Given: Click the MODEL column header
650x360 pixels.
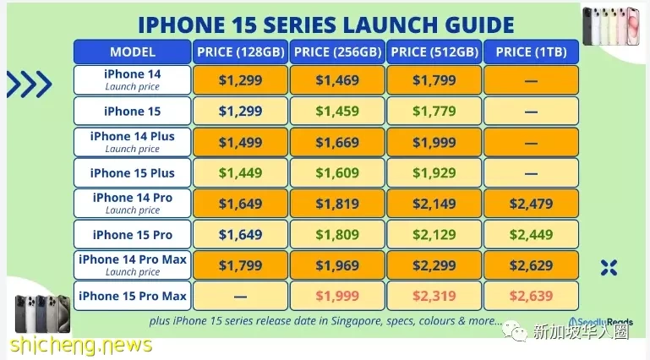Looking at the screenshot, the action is pyautogui.click(x=132, y=52).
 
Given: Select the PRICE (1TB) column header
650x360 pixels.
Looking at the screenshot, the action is pyautogui.click(x=531, y=52).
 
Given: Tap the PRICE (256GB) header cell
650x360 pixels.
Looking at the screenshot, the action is pyautogui.click(x=337, y=52).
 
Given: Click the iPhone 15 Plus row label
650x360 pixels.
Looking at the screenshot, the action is pyautogui.click(x=132, y=172).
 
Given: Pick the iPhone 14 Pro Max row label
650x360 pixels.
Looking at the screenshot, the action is pyautogui.click(x=132, y=265).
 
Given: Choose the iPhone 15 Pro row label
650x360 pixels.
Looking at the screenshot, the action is pyautogui.click(x=132, y=234).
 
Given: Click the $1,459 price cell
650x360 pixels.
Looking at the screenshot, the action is pyautogui.click(x=337, y=111).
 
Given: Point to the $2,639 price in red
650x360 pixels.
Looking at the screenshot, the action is pyautogui.click(x=531, y=296).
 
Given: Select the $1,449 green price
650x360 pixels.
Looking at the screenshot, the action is pyautogui.click(x=240, y=172).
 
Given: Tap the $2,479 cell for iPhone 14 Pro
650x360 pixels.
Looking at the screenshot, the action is pyautogui.click(x=531, y=204).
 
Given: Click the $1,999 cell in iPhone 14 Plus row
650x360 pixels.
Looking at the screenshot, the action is pyautogui.click(x=434, y=142).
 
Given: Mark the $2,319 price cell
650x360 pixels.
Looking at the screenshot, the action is pyautogui.click(x=434, y=296).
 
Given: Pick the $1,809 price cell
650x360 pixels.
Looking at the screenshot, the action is pyautogui.click(x=337, y=234).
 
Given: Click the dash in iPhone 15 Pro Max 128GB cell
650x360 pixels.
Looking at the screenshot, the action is pyautogui.click(x=240, y=297).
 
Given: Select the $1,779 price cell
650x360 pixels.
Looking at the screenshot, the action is pyautogui.click(x=434, y=111).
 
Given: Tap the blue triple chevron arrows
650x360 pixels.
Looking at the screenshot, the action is pyautogui.click(x=30, y=85).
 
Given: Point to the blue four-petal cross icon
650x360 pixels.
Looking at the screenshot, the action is pyautogui.click(x=609, y=268).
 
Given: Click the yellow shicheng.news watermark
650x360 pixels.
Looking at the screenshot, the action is pyautogui.click(x=81, y=346).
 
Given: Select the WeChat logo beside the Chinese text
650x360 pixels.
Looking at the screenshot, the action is pyautogui.click(x=515, y=331).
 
